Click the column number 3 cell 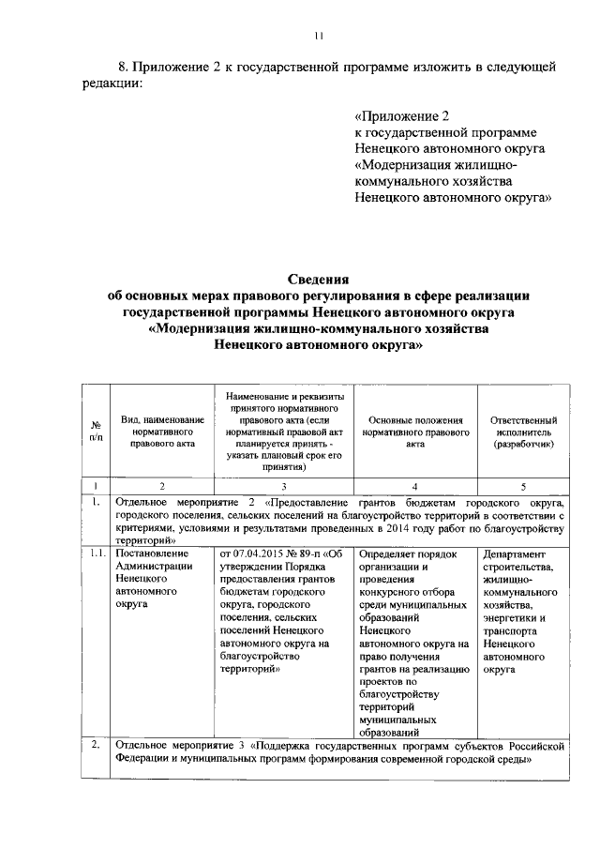(283, 486)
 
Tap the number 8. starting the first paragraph (123, 68)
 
